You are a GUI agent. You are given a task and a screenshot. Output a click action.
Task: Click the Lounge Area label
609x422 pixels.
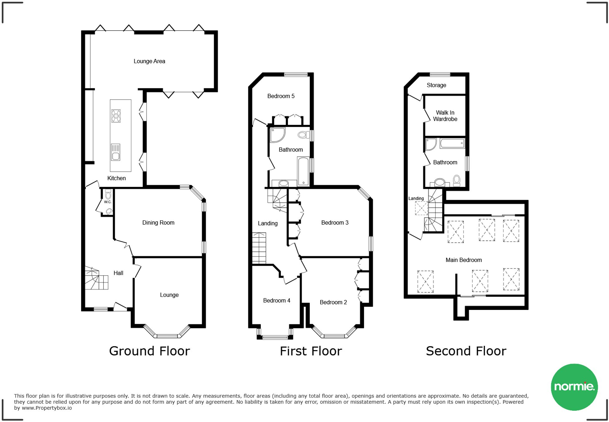[x=149, y=61]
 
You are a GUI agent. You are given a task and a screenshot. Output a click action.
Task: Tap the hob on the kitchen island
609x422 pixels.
[x=116, y=116]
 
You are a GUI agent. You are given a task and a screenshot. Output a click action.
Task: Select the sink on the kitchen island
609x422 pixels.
[x=115, y=152]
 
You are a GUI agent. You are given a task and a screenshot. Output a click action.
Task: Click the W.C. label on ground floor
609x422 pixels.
[x=108, y=202]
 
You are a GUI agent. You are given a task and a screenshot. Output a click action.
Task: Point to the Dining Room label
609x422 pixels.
[x=158, y=223]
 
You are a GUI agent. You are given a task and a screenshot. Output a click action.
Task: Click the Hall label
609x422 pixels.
[x=118, y=273]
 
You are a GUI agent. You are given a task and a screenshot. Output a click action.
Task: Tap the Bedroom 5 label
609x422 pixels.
[x=281, y=96]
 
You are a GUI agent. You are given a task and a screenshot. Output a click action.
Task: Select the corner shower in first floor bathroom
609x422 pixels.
[x=277, y=135]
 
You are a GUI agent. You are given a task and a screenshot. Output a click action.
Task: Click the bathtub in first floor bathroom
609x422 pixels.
[x=303, y=171]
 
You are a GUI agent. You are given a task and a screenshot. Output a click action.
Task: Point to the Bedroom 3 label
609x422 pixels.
[x=335, y=223]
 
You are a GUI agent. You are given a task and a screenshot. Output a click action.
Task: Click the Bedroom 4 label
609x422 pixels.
[x=276, y=301]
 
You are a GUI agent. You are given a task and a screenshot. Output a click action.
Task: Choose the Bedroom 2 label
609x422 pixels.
[x=333, y=302]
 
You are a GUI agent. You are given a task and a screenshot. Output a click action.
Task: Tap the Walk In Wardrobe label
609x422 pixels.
[x=445, y=116]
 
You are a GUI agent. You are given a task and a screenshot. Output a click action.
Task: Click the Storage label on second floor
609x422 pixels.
[x=436, y=85]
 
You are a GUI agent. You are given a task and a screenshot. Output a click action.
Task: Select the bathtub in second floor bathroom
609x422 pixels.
[x=452, y=144]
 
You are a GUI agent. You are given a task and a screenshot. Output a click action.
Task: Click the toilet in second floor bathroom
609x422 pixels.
[x=456, y=180]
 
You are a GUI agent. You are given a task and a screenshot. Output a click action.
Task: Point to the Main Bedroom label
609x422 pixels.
[x=464, y=260]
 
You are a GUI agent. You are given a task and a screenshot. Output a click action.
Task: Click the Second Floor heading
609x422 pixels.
[x=466, y=351]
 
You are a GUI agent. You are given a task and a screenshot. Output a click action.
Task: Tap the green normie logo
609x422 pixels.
[x=574, y=387]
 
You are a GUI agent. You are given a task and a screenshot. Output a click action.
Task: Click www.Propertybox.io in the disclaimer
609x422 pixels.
[x=47, y=408]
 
